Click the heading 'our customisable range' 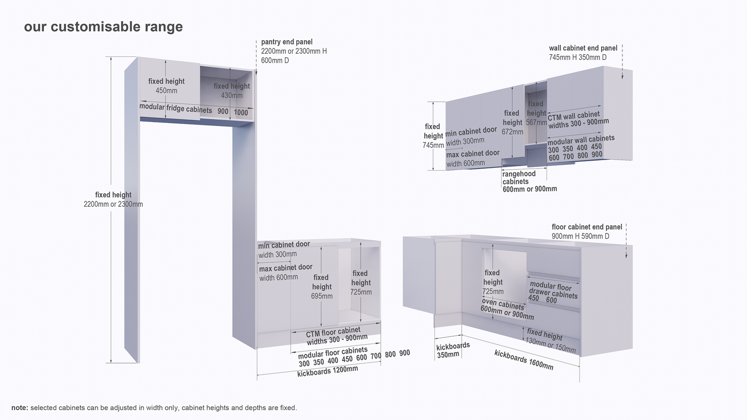coord(103,27)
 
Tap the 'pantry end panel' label coord(287,42)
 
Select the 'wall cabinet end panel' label coord(583,48)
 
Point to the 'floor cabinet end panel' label coord(587,227)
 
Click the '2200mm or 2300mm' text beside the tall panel coord(113,204)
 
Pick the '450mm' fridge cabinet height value coord(166,90)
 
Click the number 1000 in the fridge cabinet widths coord(241,113)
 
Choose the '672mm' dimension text coord(512,132)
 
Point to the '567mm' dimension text coord(536,122)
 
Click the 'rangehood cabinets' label coord(519,178)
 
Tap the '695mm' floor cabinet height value coord(322,296)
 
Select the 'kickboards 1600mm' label coord(523,360)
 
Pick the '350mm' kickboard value coord(448,354)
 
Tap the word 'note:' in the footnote coord(20,408)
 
